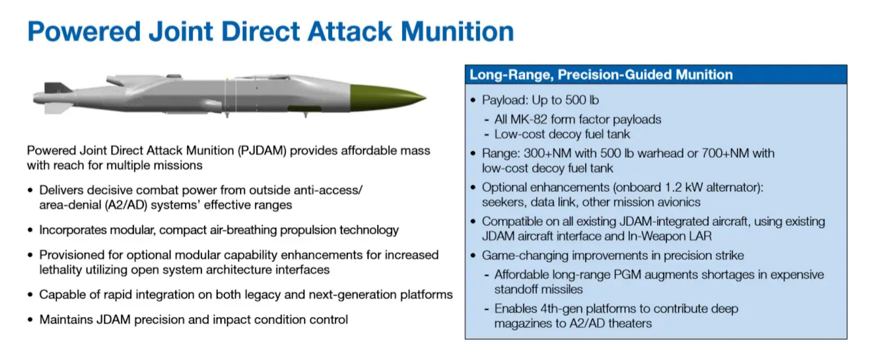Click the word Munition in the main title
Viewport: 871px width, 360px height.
click(457, 31)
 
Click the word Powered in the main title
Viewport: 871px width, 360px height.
click(84, 31)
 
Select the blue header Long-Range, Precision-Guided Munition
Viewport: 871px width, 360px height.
click(601, 74)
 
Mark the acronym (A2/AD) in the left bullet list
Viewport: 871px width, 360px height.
click(126, 205)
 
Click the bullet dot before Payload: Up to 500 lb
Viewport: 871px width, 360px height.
click(473, 100)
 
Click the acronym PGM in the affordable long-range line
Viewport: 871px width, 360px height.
click(627, 275)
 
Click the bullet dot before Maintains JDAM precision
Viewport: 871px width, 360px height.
click(30, 320)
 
